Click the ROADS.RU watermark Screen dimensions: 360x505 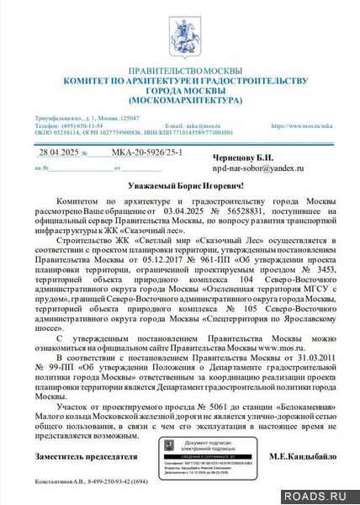pyautogui.click(x=329, y=495)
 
